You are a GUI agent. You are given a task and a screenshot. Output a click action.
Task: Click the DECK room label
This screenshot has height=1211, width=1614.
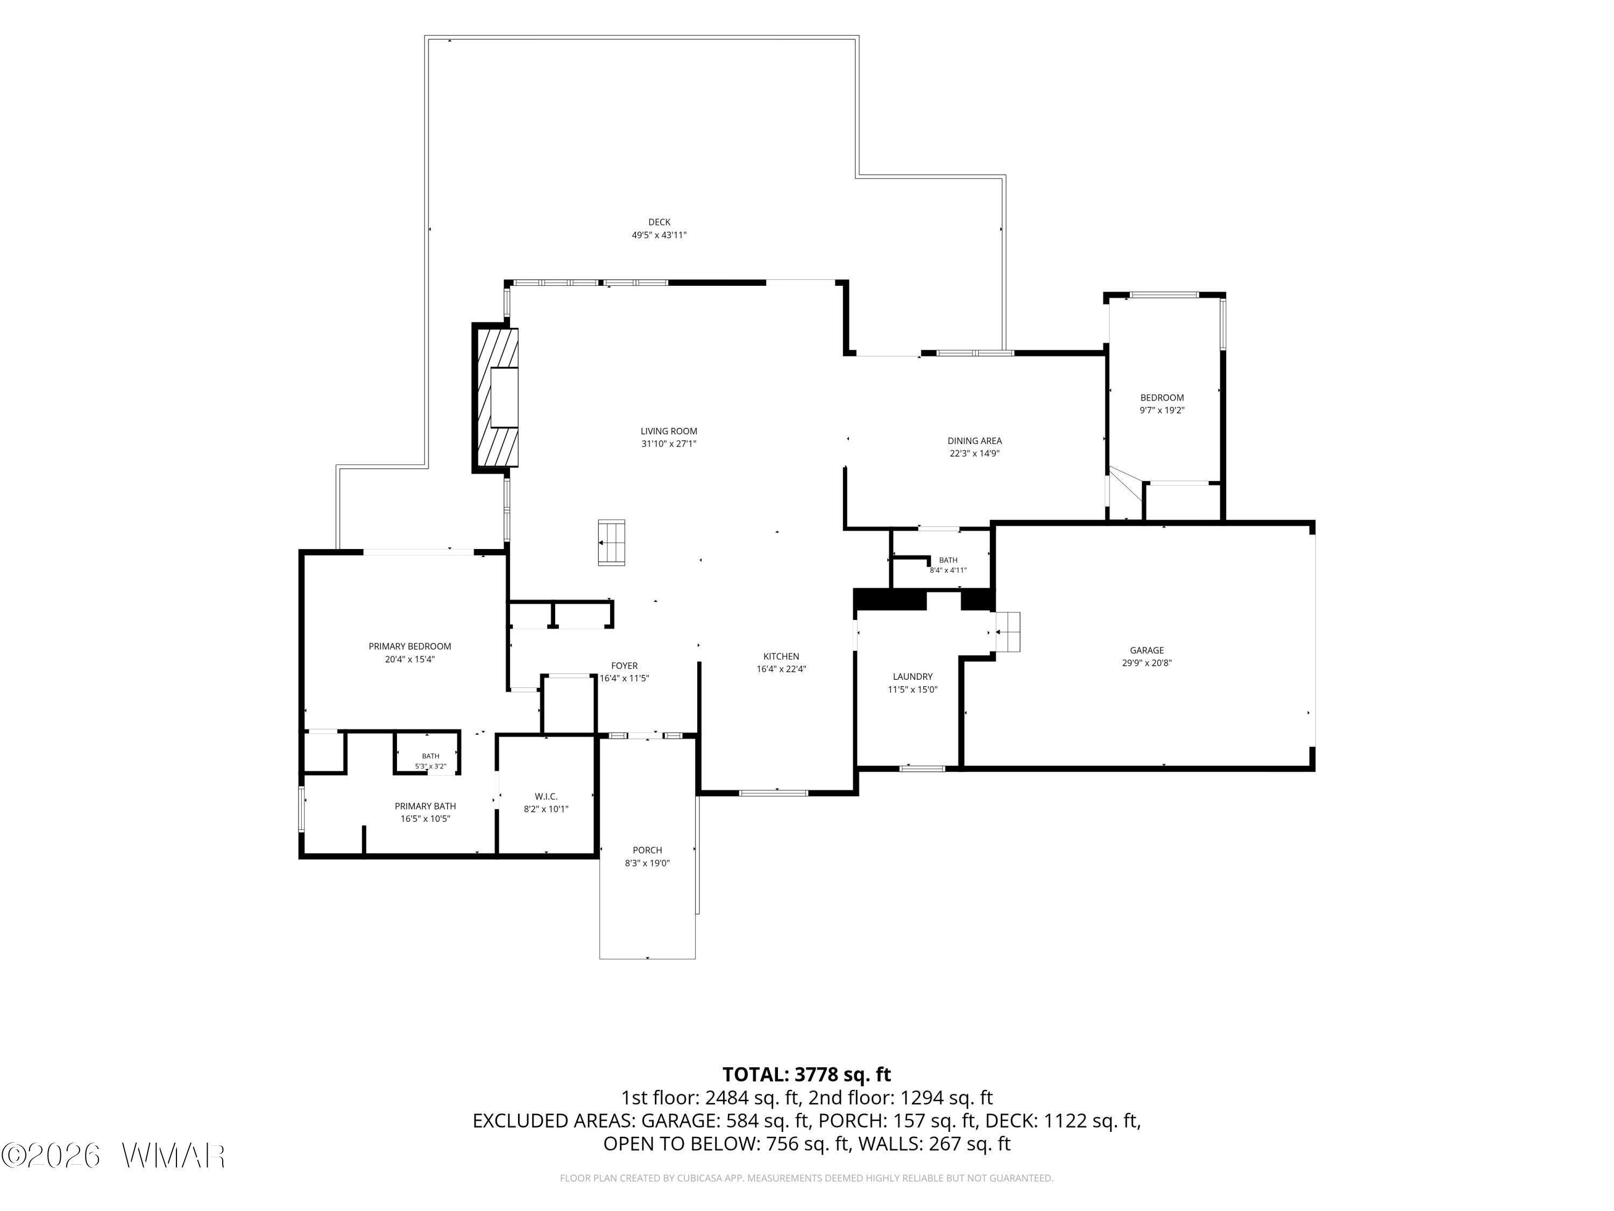659,222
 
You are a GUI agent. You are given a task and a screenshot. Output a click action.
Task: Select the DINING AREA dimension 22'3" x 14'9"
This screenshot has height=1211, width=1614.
974,453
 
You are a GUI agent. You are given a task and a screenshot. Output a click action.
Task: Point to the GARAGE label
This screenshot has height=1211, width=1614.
1147,650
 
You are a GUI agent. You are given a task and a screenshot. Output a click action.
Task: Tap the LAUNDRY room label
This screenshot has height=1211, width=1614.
912,677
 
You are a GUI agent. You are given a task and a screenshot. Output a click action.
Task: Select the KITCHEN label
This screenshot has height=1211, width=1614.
781,656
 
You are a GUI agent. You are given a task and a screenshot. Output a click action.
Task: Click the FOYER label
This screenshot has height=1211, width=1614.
624,666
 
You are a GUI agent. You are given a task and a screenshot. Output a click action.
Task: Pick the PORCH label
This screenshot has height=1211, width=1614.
647,850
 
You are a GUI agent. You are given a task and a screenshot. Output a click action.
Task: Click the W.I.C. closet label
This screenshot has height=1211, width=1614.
546,797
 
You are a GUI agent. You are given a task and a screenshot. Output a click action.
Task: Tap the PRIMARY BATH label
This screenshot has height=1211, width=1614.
426,806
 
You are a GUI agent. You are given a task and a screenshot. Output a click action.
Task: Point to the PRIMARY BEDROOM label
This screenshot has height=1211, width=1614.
409,646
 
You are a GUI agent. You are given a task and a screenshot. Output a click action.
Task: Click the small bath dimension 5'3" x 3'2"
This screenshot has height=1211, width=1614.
430,766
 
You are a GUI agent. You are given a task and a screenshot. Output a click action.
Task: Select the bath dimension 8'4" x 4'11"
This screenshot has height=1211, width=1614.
948,570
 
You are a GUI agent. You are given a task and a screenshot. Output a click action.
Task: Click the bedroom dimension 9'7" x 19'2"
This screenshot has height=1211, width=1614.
1162,410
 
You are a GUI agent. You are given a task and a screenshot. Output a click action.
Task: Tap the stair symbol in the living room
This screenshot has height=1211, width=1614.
612,543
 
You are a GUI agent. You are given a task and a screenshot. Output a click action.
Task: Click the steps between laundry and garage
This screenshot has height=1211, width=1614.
1008,631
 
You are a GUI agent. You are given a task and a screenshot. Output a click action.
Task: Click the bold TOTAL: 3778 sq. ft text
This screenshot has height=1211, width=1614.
806,1074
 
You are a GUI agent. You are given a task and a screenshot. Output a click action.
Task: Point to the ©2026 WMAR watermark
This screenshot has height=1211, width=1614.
113,1156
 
